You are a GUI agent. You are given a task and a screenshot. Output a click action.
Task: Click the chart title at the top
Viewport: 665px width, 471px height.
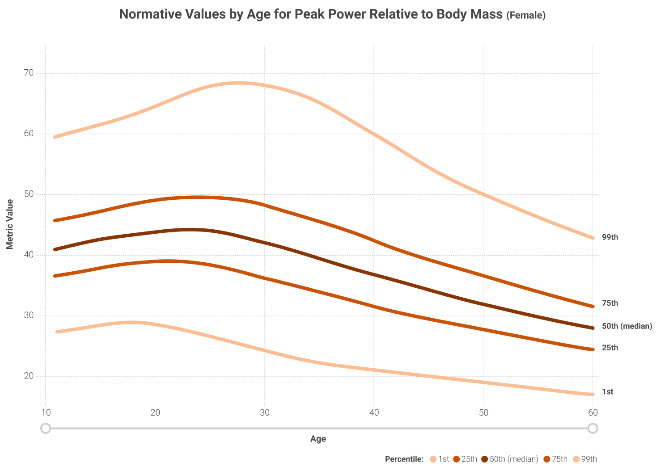pos(333,15)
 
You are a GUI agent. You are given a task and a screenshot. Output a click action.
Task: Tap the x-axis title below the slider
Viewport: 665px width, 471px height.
pos(318,441)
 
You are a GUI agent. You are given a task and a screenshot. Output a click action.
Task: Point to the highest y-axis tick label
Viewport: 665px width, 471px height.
pos(30,74)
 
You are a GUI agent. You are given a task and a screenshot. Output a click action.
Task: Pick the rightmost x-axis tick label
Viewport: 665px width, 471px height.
pos(592,412)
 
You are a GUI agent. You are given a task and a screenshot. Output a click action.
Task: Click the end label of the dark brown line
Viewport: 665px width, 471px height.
pos(627,327)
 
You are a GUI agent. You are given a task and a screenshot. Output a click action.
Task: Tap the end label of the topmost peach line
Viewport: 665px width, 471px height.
pos(610,238)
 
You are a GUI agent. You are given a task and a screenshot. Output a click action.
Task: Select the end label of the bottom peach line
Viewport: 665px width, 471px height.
pos(608,392)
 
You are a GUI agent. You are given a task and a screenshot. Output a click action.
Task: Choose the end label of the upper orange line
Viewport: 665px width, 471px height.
pos(609,303)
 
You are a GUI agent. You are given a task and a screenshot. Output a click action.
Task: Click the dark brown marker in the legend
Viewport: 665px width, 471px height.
pos(485,459)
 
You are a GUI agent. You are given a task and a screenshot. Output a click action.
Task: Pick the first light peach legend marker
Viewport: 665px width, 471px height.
pos(432,459)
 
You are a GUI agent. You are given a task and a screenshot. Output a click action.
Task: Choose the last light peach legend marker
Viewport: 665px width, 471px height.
pos(577,459)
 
